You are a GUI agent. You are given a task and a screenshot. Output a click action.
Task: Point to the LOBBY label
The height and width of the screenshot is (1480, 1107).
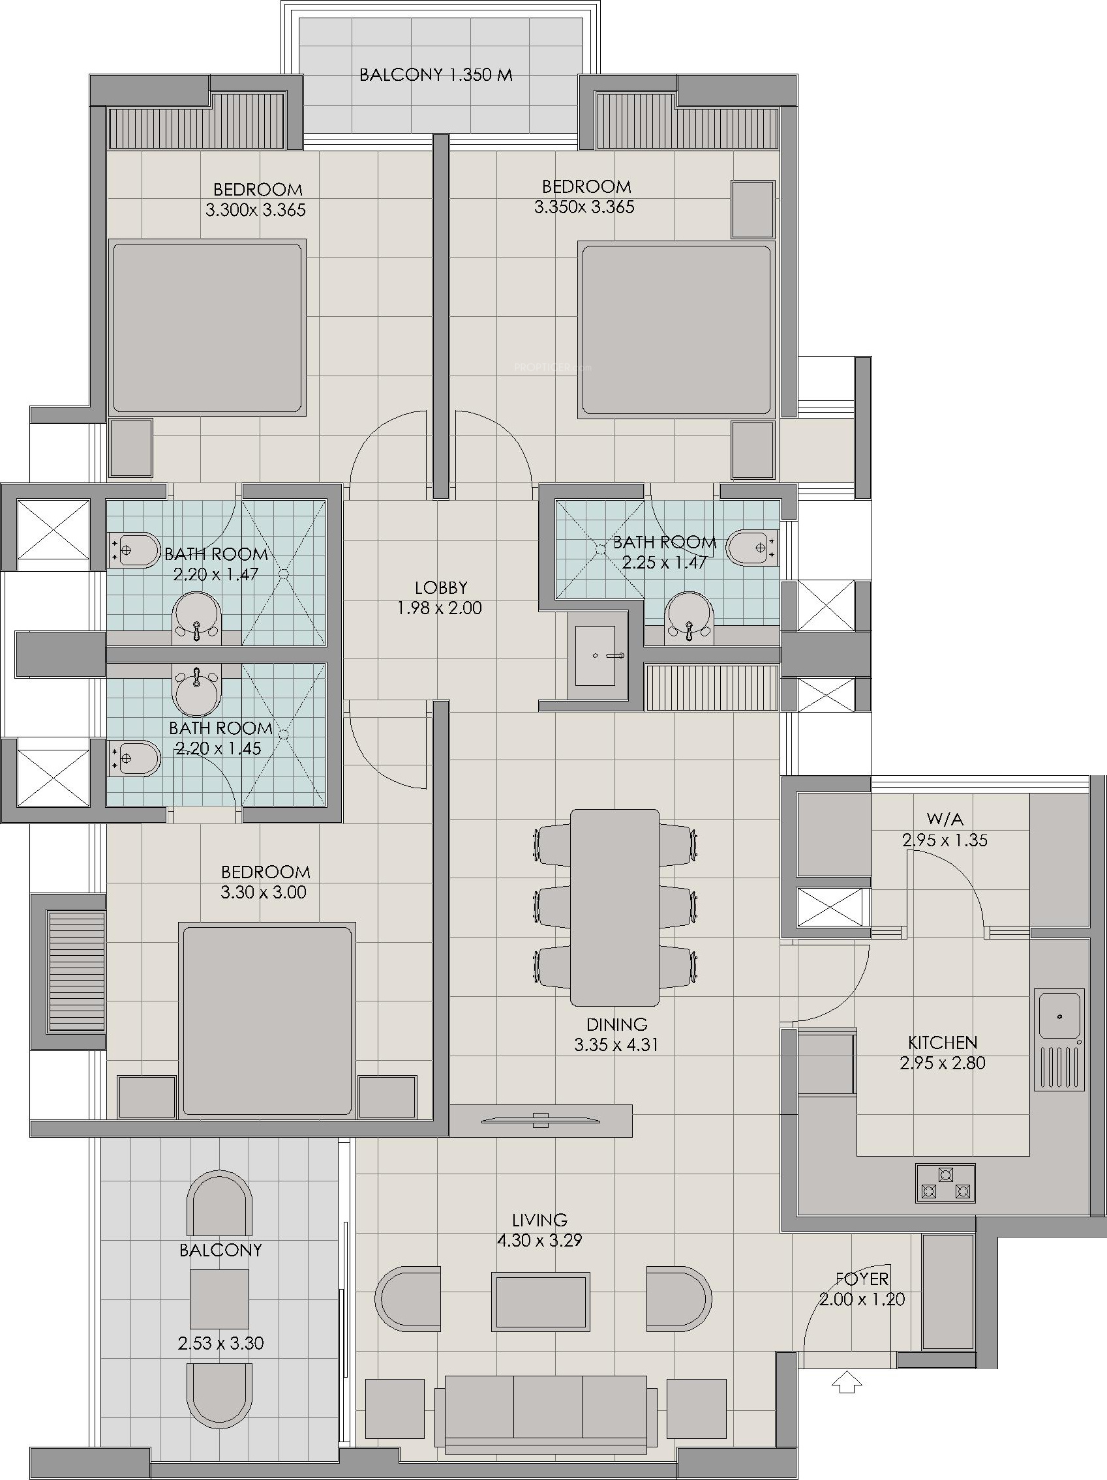(440, 587)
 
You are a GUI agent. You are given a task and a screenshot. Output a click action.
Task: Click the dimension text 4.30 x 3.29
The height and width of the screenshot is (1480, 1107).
(539, 1240)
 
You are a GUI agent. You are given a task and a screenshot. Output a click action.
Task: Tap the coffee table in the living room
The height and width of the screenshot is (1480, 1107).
(541, 1301)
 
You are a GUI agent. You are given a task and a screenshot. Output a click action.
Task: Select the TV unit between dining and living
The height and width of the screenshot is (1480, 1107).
(541, 1119)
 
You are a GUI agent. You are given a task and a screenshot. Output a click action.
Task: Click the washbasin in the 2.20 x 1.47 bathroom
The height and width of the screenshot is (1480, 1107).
(197, 617)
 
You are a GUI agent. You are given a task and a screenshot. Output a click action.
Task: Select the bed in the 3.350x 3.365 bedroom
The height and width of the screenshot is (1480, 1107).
(676, 330)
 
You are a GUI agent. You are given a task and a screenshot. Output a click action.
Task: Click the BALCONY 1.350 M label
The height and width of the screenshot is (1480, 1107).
(436, 74)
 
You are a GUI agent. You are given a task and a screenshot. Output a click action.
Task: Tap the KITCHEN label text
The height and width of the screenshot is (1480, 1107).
(943, 1042)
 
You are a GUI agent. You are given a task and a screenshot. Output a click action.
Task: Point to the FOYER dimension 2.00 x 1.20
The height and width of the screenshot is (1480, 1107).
(862, 1299)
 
